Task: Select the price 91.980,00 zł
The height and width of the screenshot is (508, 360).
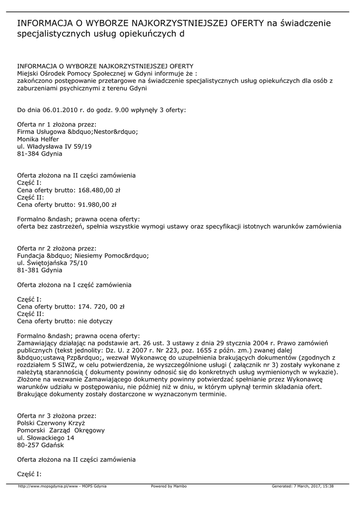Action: [97, 204]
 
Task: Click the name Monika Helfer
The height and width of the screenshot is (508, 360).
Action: [38, 139]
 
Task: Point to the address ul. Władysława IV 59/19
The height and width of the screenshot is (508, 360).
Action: [54, 147]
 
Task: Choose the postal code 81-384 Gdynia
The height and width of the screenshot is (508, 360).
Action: [40, 154]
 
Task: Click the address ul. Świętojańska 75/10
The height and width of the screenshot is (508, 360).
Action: [52, 263]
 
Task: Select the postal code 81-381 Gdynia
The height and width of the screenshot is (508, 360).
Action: [40, 270]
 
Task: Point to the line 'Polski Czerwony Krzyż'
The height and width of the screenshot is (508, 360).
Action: [51, 423]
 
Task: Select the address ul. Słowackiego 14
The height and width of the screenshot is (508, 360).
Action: [46, 438]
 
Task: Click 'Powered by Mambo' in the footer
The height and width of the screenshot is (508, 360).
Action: [169, 486]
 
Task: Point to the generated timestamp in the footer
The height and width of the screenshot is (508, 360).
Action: [302, 486]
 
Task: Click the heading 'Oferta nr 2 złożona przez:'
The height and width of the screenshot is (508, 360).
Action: [57, 248]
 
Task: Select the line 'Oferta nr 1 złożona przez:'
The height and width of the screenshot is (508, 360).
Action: [57, 125]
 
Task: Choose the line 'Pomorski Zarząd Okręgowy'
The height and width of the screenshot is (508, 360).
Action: [61, 431]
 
